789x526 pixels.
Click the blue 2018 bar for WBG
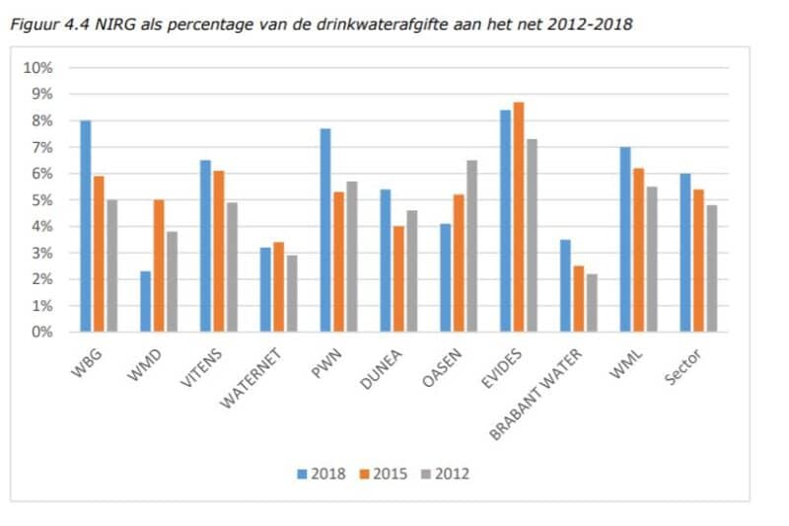(x=86, y=226)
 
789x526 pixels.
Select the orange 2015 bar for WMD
(x=158, y=265)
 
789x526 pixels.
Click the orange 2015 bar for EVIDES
(x=518, y=217)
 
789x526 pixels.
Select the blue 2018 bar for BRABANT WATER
(x=565, y=285)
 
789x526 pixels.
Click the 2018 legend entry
(x=323, y=474)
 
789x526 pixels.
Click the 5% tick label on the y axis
(x=40, y=200)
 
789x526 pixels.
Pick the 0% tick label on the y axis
(x=40, y=333)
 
